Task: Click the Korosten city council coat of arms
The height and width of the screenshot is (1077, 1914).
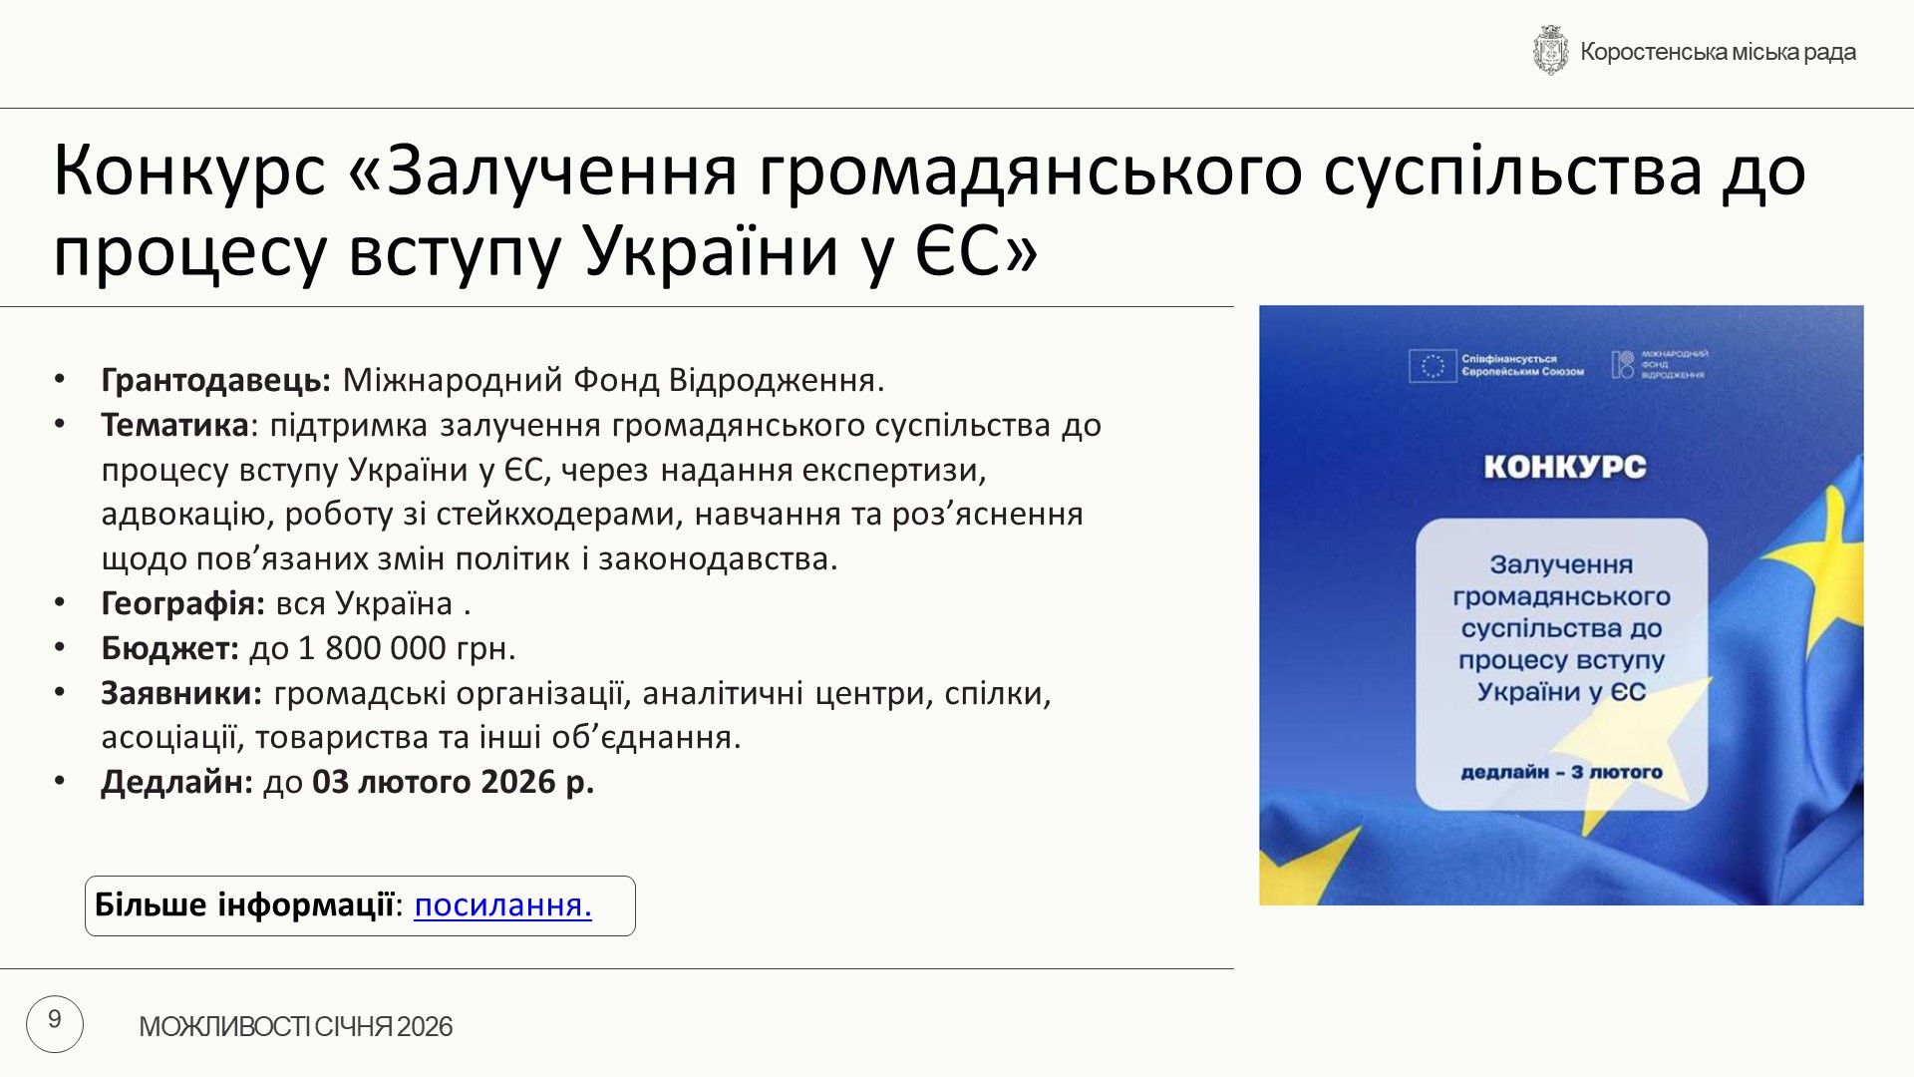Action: [x=1550, y=51]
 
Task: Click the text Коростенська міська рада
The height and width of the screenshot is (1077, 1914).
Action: [x=1718, y=52]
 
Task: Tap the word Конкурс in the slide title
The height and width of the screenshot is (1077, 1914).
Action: [x=189, y=171]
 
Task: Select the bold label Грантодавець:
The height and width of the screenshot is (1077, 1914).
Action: [x=216, y=380]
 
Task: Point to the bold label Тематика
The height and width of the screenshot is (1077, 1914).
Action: [x=174, y=425]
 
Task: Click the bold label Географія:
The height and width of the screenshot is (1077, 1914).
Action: [x=183, y=603]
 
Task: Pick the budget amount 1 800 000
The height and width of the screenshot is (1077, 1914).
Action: [x=372, y=648]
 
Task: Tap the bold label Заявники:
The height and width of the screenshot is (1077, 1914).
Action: [x=181, y=692]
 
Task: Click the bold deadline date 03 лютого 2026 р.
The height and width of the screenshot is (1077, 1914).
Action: [x=454, y=782]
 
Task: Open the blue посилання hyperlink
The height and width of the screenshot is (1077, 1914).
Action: [x=502, y=904]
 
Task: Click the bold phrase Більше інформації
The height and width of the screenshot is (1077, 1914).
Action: [x=244, y=904]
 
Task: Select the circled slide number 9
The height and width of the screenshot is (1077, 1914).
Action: [x=55, y=1023]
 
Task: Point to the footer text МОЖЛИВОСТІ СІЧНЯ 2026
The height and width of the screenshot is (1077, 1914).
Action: [x=295, y=1026]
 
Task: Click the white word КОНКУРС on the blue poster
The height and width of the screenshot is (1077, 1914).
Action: [x=1564, y=467]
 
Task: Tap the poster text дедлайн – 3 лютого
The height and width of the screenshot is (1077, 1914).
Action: [x=1561, y=772]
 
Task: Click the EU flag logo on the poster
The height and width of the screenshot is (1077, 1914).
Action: [x=1433, y=366]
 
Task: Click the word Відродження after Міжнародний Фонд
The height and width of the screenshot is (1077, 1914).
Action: [x=776, y=380]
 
